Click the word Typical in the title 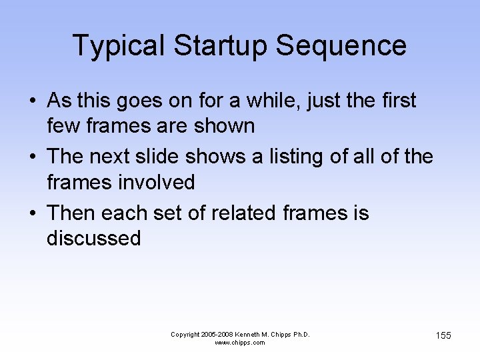(x=117, y=45)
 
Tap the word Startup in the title (x=220, y=45)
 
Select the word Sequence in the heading (x=341, y=45)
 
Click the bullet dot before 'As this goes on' (x=32, y=101)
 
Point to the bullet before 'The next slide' (x=32, y=157)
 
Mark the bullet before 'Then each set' (x=32, y=214)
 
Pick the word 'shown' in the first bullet (x=223, y=125)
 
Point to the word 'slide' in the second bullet (x=157, y=157)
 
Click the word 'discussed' (x=94, y=238)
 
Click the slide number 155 (x=443, y=335)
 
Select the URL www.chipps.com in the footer (x=240, y=343)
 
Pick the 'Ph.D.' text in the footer (x=299, y=334)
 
